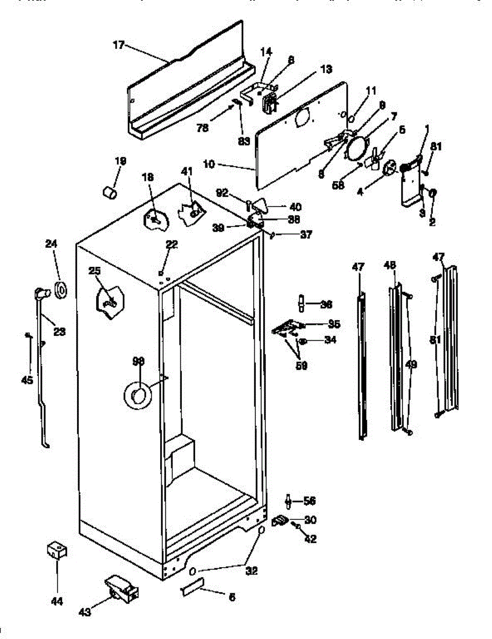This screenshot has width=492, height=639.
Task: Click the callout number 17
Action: (x=118, y=45)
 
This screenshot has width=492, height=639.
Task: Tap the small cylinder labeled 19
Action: (x=110, y=192)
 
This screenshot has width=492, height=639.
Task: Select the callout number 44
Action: (x=56, y=602)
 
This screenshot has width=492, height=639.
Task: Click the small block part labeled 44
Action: (x=56, y=550)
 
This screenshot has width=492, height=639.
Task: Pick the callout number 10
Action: (x=209, y=165)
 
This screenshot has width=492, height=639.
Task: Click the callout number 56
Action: (x=310, y=501)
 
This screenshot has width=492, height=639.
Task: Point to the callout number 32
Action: (x=252, y=571)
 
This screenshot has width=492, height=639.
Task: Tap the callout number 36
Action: (x=326, y=305)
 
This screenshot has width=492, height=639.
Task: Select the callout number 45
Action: (x=27, y=380)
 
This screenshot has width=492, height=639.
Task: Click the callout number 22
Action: (x=171, y=244)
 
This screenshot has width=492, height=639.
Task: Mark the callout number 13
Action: (x=326, y=69)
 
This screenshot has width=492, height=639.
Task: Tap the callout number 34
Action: (x=330, y=341)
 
